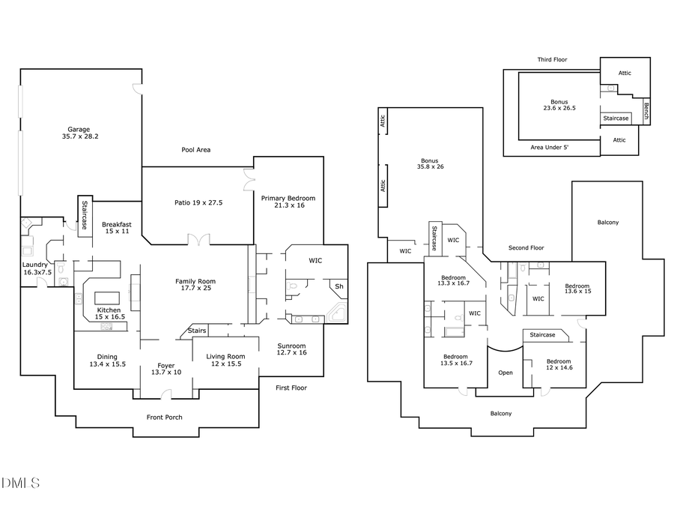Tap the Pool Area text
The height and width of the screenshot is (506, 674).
click(x=195, y=150)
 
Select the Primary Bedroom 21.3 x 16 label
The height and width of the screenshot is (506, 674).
click(x=288, y=202)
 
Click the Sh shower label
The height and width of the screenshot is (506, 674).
click(x=338, y=286)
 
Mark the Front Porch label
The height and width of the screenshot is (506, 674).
click(x=164, y=418)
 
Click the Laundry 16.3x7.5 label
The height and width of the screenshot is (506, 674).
click(x=35, y=268)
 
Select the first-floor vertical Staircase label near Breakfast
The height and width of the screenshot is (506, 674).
click(x=85, y=216)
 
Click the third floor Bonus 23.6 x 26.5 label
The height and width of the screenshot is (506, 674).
click(x=559, y=105)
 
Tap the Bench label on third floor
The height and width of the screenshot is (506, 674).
click(x=647, y=112)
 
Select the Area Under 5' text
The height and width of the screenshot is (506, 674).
click(x=549, y=148)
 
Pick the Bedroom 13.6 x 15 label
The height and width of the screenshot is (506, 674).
click(x=577, y=289)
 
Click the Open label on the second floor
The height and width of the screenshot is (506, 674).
click(x=506, y=373)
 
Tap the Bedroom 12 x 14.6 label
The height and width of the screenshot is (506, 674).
click(x=559, y=364)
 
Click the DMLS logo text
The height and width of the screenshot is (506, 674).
click(x=21, y=482)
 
